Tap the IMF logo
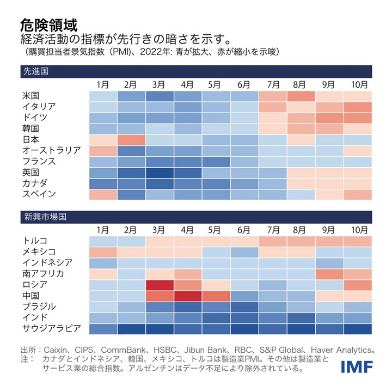pyautogui.click(x=356, y=367)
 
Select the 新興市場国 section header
pyautogui.click(x=43, y=217)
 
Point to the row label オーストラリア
pyautogui.click(x=51, y=150)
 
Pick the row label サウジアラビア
pyautogui.click(x=51, y=328)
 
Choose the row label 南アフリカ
pyautogui.click(x=43, y=273)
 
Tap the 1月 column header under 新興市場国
pyautogui.click(x=103, y=230)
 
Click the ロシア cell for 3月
pyautogui.click(x=160, y=285)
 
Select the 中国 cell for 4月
pyautogui.click(x=188, y=296)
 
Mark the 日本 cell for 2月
pyautogui.click(x=131, y=139)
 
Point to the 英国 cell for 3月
pyautogui.click(x=160, y=172)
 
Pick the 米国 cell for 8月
pyautogui.click(x=301, y=96)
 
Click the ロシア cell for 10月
pyautogui.click(x=358, y=285)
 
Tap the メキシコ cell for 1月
pyautogui.click(x=103, y=252)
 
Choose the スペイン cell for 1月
pyautogui.click(x=103, y=194)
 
